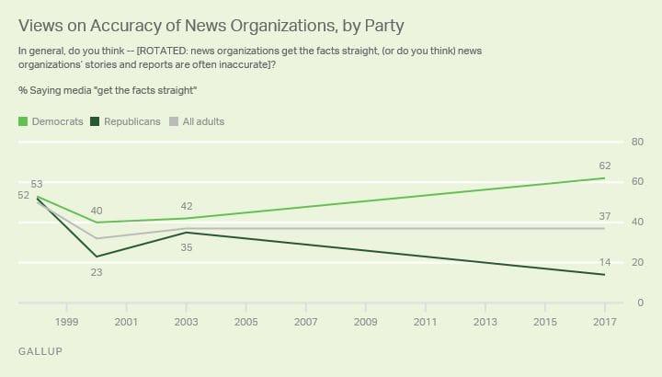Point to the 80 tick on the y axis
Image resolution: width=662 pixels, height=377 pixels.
click(634, 142)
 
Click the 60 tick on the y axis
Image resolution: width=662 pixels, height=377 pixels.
click(634, 182)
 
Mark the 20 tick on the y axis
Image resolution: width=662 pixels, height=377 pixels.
click(634, 263)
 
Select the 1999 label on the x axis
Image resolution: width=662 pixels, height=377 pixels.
click(66, 322)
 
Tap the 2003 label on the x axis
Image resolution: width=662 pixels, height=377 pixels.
click(187, 322)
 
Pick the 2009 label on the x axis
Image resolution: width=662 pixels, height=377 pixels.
click(365, 322)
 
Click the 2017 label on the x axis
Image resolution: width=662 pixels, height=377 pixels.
click(603, 322)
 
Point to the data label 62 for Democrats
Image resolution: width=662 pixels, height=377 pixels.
click(604, 166)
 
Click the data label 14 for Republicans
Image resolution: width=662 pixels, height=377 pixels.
click(604, 262)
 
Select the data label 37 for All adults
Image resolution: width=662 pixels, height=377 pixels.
click(604, 215)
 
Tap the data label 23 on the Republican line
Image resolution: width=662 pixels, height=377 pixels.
click(96, 270)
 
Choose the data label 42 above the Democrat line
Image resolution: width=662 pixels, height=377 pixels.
click(187, 206)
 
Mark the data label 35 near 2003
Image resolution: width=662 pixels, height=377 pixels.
click(187, 246)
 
